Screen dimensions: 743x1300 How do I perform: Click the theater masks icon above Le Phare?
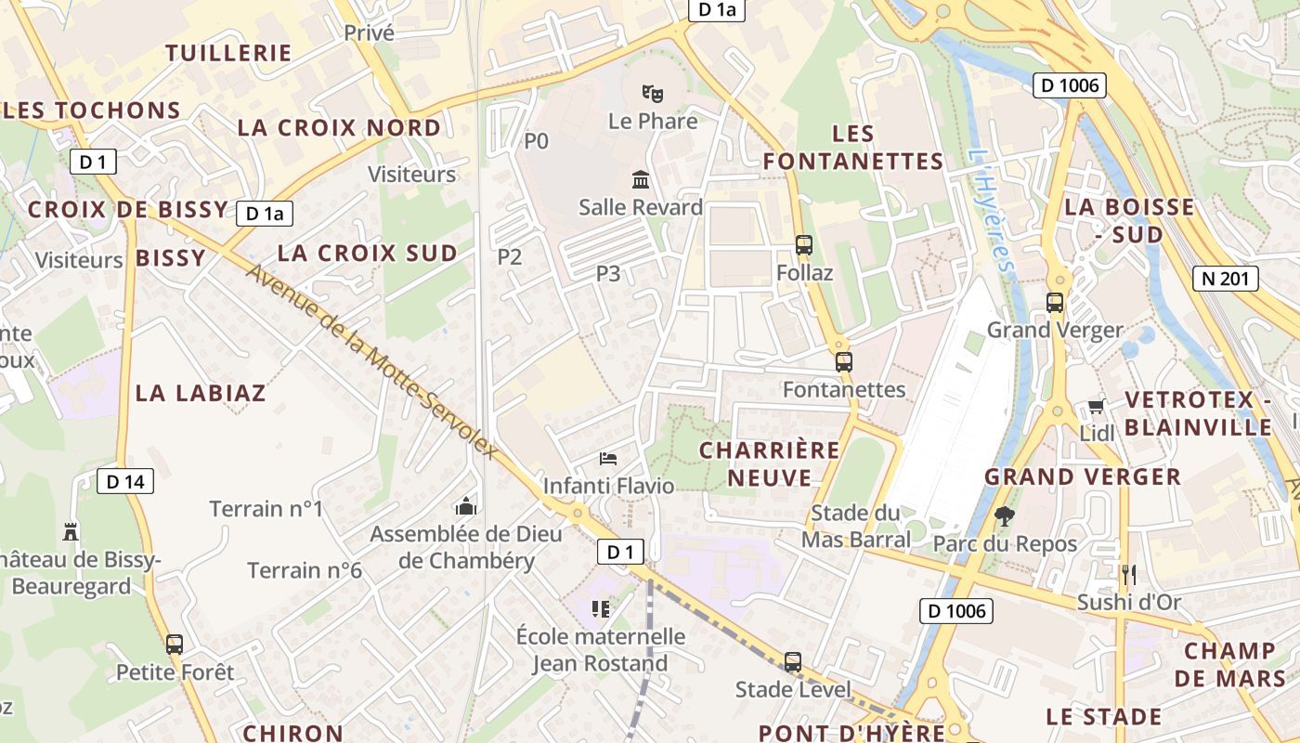[x=653, y=93]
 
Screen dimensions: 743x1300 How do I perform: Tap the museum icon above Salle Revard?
[x=641, y=179]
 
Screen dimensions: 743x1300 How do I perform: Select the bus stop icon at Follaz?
[x=804, y=245]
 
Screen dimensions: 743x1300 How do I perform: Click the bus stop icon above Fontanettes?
[x=843, y=362]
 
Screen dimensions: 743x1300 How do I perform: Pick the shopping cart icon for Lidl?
[x=1096, y=406]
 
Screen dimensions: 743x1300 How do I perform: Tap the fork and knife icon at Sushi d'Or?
[x=1128, y=574]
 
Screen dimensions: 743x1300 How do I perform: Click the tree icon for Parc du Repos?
[x=1004, y=515]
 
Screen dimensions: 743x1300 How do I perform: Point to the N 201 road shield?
[x=1225, y=278]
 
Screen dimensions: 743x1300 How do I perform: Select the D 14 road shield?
[x=125, y=481]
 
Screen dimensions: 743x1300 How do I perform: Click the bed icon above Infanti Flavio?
[x=608, y=458]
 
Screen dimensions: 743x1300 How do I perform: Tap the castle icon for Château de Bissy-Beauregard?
[x=70, y=531]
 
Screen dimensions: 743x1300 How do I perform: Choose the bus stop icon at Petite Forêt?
[x=175, y=644]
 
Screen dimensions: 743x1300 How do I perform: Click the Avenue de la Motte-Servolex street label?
[x=371, y=362]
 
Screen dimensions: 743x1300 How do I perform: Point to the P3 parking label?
[x=608, y=273]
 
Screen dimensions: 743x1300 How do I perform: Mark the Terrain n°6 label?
[x=305, y=570]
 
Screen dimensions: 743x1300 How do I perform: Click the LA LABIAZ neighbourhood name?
[x=201, y=393]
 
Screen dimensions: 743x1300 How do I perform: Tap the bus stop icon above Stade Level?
[x=792, y=661]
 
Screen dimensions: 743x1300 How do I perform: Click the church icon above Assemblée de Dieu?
[x=465, y=506]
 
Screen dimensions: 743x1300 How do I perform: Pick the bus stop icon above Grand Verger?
[x=1055, y=302]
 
